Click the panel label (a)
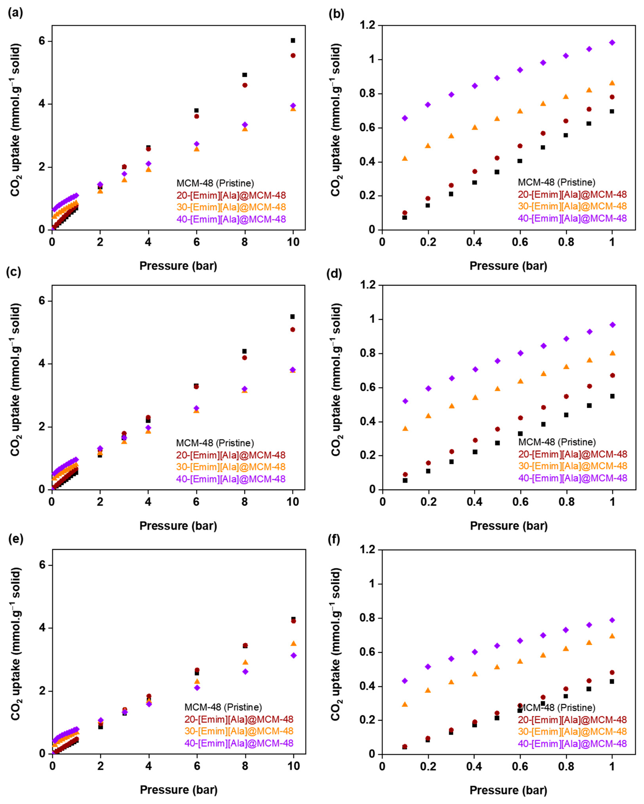(15, 13)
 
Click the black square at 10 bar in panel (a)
(293, 40)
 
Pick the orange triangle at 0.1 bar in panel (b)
(405, 158)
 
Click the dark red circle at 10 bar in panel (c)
(293, 329)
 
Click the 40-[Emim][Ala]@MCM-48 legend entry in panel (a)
(231, 219)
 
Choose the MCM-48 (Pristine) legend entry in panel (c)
(215, 443)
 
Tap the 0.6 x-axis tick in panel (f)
(520, 766)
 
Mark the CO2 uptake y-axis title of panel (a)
(16, 119)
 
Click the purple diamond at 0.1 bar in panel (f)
(405, 681)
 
